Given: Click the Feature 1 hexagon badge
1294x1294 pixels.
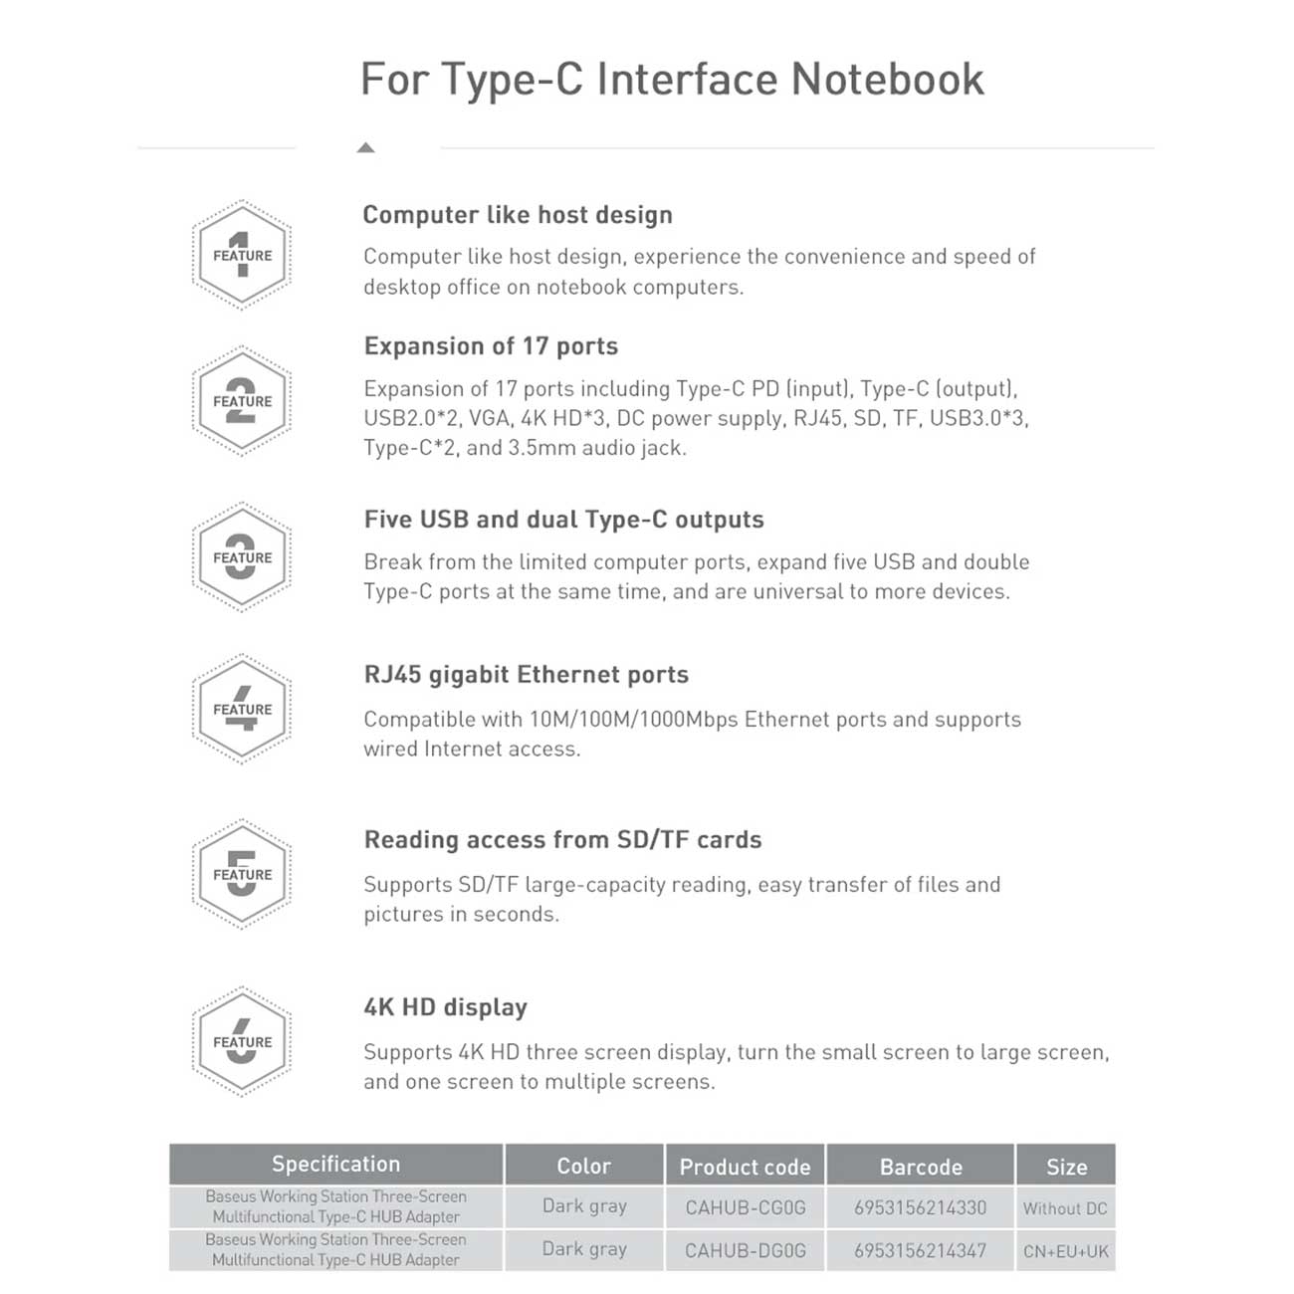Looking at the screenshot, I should point(241,255).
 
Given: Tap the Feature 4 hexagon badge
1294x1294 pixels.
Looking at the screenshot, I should point(241,709).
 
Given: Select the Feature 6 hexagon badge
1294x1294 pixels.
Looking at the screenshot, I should point(241,1041).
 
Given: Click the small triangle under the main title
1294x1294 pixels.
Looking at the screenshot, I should point(365,148).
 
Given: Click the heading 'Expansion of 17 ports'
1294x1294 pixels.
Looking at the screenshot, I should point(491,346).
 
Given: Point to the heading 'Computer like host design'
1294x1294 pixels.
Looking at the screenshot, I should point(518,215).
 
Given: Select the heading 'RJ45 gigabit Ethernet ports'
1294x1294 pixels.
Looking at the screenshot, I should point(526,675).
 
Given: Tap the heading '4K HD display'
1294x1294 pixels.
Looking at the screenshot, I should point(445,1007).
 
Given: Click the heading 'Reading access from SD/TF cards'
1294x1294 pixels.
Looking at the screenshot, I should point(562,840).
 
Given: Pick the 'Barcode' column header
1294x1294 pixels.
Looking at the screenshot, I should point(921,1167).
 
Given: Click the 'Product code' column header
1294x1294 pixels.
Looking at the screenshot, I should point(745,1167).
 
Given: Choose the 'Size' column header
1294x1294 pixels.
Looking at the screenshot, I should point(1066,1167).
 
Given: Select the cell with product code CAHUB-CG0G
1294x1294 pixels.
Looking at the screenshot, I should point(745,1208).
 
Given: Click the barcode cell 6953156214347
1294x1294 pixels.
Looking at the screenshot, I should point(921,1251).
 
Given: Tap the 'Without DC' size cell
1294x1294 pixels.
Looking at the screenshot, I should point(1065,1208).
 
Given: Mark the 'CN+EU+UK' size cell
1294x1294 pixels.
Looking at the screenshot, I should point(1065,1251).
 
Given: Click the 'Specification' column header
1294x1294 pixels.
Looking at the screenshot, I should point(335,1165).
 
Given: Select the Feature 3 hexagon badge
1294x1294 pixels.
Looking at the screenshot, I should point(241,557).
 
